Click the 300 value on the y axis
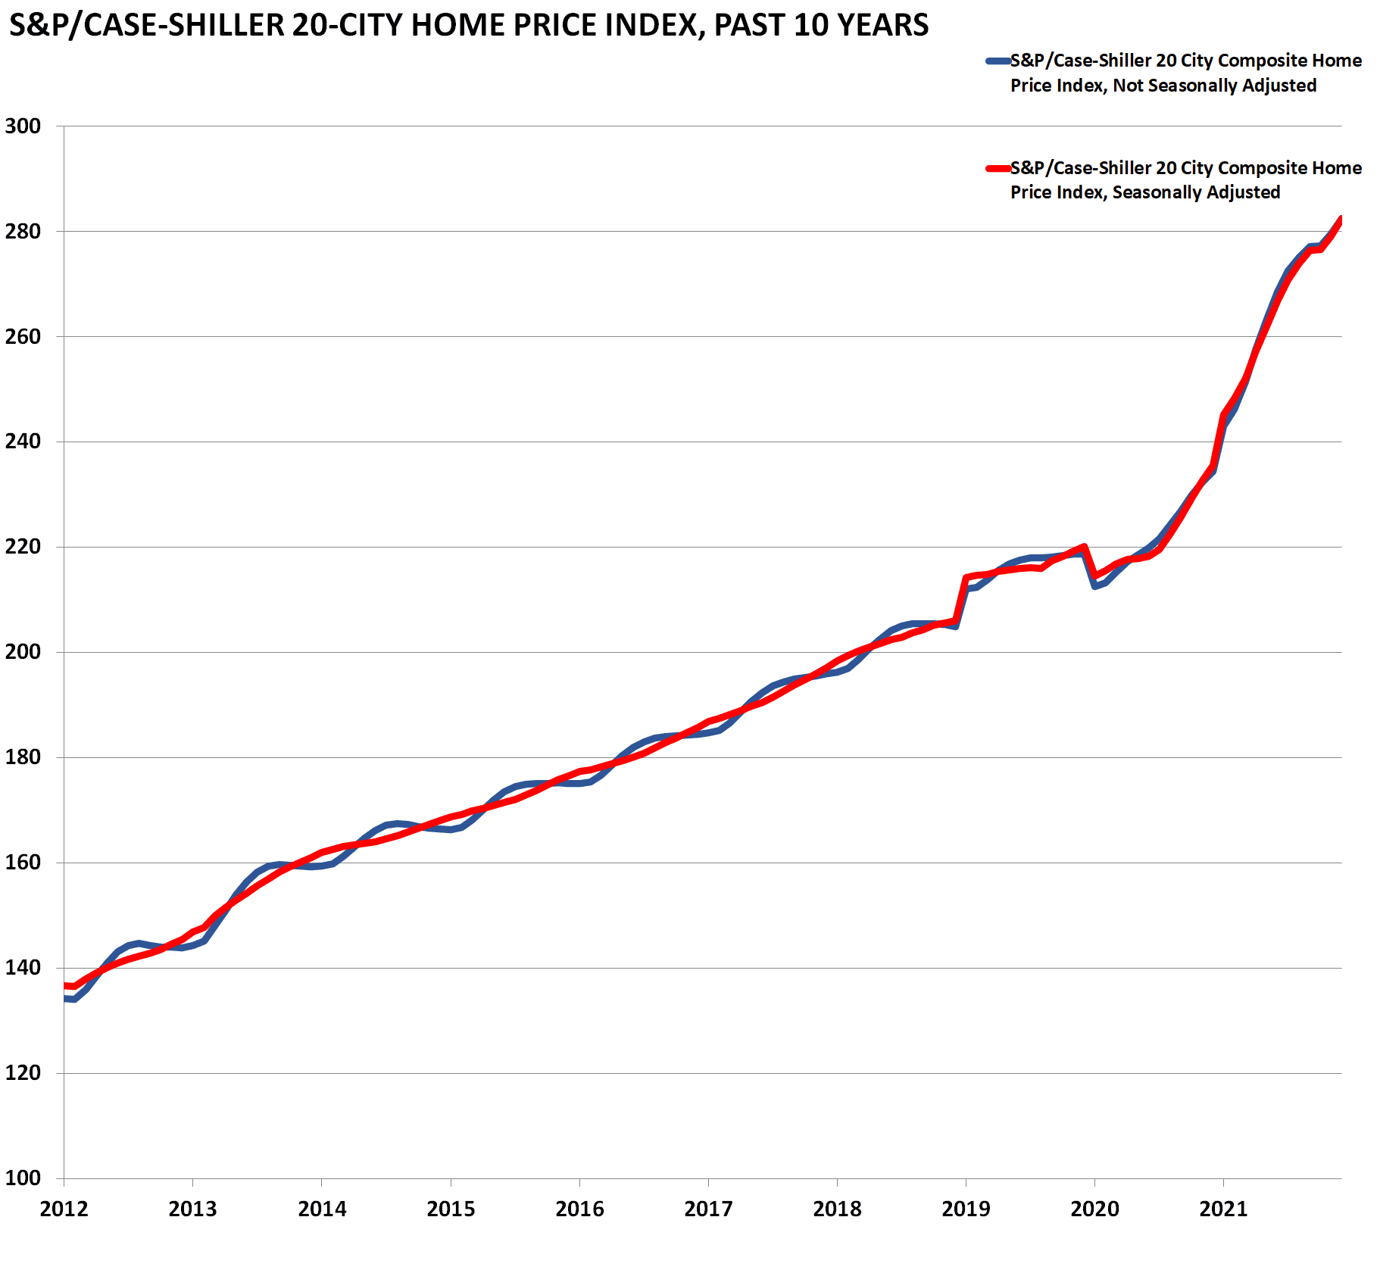(23, 126)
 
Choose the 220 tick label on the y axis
(23, 547)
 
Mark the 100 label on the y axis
(23, 1178)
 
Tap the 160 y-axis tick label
(23, 862)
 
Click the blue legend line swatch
(998, 61)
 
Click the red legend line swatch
(998, 169)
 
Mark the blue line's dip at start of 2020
(1095, 586)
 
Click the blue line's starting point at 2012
(65, 999)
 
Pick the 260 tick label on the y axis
(23, 336)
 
